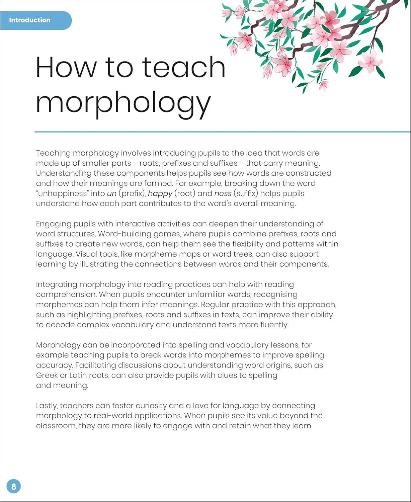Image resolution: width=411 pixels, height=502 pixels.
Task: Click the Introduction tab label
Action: (x=30, y=20)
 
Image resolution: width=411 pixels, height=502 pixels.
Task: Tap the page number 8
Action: (x=13, y=486)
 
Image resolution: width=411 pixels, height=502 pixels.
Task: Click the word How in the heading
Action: (x=65, y=67)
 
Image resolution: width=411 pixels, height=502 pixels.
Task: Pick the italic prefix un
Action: (x=111, y=193)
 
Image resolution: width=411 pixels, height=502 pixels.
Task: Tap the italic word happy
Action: (x=160, y=193)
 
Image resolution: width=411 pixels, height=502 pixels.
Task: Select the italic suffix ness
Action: (x=223, y=193)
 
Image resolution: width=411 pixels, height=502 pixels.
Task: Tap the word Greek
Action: (x=47, y=375)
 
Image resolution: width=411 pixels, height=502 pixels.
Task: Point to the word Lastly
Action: (x=47, y=406)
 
